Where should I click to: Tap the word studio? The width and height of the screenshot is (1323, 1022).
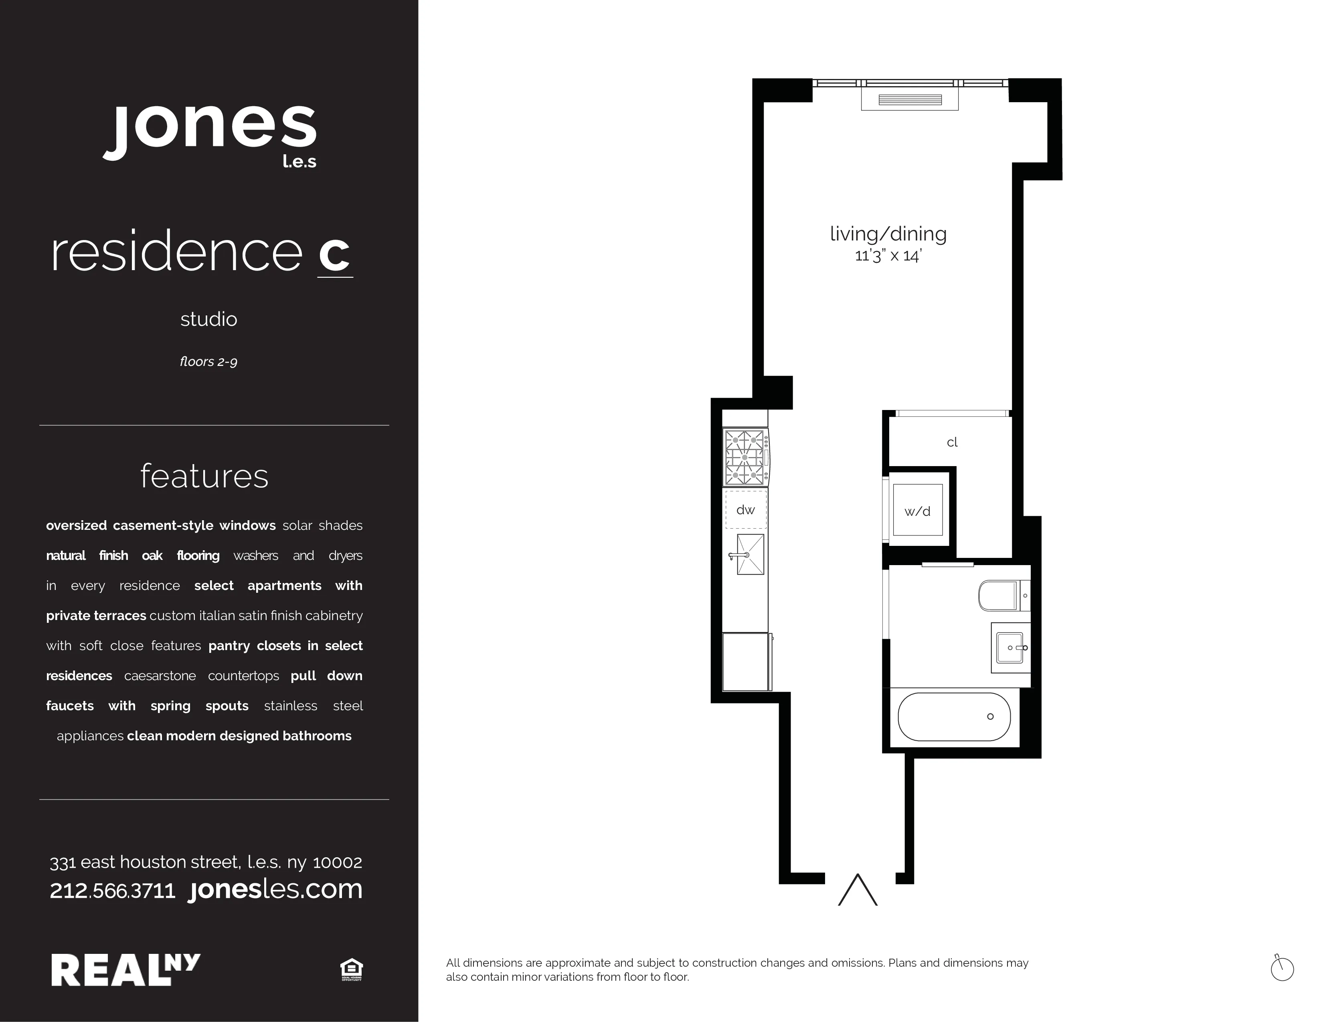[x=208, y=319]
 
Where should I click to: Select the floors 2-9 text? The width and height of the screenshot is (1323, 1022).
[x=208, y=362]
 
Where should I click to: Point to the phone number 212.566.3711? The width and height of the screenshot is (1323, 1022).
[x=113, y=891]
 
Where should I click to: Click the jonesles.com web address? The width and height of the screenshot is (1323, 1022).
[x=276, y=889]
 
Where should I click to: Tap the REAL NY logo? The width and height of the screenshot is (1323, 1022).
[x=125, y=969]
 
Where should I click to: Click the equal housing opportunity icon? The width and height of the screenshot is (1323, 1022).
[x=351, y=969]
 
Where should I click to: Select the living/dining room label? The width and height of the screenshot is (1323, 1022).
[x=888, y=234]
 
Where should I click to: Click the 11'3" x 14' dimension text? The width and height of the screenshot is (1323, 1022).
[x=888, y=256]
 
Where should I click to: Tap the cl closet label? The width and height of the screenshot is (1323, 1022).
[x=952, y=442]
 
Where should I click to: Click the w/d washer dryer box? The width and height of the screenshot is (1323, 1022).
[x=918, y=510]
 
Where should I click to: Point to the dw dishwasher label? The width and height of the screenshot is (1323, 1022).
[x=746, y=510]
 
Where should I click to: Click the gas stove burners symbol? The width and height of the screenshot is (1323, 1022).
[x=746, y=457]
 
